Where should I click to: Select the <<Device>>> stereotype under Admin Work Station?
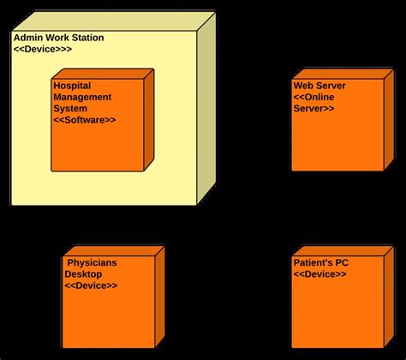click(x=43, y=50)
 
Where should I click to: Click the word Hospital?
click(x=72, y=86)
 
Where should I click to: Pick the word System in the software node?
click(x=70, y=108)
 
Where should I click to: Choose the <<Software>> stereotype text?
click(x=85, y=119)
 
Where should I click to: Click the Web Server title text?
click(x=320, y=86)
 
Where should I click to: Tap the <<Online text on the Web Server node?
click(x=315, y=97)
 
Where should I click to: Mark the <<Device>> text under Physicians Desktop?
click(x=91, y=285)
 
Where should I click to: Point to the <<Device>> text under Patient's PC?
click(x=319, y=273)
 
